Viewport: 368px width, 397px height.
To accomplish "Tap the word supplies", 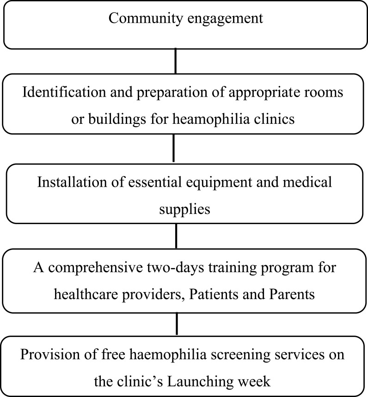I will (x=184, y=209).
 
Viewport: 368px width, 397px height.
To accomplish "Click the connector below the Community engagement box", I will (x=175, y=61).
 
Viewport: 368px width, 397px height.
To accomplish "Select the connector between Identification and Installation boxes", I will (x=173, y=148).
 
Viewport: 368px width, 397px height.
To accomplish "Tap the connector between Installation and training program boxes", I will (x=176, y=236).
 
